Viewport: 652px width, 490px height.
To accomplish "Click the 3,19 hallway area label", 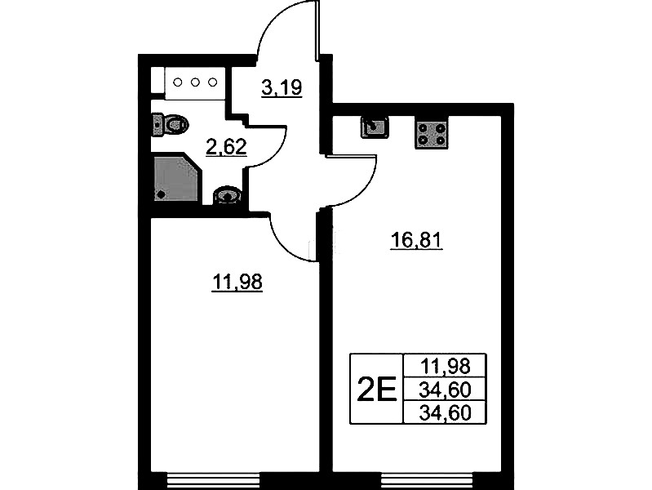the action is (282, 87).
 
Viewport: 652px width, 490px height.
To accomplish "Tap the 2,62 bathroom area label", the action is (227, 146).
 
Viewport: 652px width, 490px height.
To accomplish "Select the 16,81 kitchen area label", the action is (416, 240).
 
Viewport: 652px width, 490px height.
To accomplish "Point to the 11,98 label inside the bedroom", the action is (237, 282).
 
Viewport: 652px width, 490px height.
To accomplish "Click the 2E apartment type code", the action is (377, 390).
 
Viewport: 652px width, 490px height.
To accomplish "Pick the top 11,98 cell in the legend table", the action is (446, 367).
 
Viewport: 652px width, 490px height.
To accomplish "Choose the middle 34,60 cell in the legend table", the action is (446, 390).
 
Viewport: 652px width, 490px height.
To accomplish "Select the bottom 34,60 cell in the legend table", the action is (446, 413).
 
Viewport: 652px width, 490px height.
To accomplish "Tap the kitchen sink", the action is (375, 127).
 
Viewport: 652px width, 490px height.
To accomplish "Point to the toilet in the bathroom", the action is (170, 124).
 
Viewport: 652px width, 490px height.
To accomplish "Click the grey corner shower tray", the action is (176, 178).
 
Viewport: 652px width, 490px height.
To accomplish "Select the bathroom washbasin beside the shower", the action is (227, 195).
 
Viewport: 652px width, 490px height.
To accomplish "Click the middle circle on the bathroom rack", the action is (195, 82).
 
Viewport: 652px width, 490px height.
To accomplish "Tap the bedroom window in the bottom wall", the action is (213, 481).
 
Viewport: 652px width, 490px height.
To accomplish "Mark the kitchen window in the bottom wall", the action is (428, 481).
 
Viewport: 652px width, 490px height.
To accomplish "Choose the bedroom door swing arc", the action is (287, 246).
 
